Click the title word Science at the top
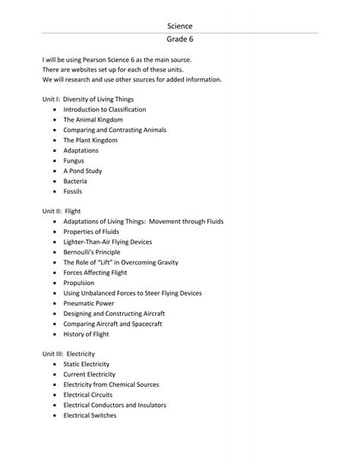(x=180, y=26)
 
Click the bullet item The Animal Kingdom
(x=93, y=119)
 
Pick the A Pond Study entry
(x=82, y=171)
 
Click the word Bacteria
(x=75, y=181)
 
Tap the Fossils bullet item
(x=73, y=191)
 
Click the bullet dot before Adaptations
(x=55, y=150)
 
